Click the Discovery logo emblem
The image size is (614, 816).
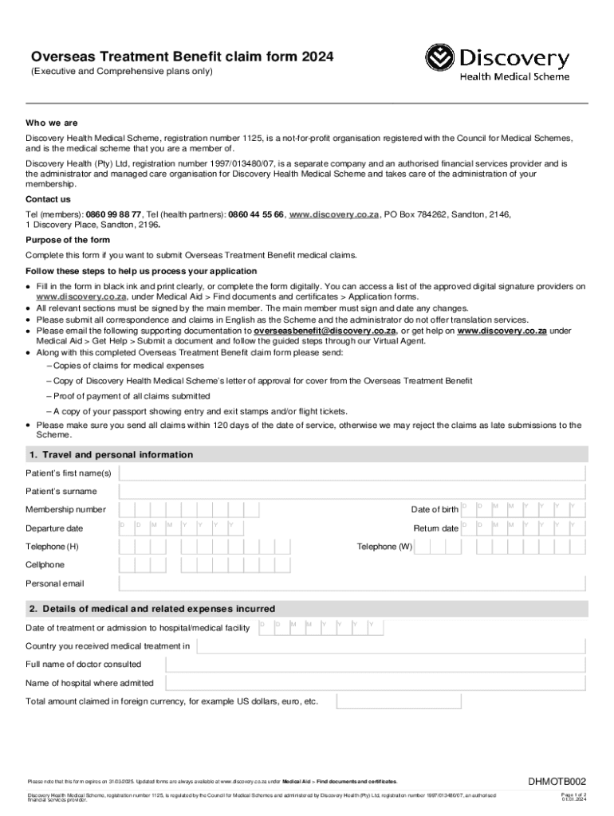coord(439,59)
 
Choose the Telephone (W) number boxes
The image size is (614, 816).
coord(455,547)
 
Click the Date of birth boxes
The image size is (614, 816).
coord(523,510)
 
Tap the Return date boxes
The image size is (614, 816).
coord(523,528)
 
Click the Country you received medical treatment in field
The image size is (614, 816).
coord(391,646)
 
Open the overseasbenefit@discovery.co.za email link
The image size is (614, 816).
coord(325,331)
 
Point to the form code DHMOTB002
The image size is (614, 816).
coord(557,781)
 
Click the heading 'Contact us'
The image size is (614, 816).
coord(48,199)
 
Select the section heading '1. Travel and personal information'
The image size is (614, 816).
coord(111,455)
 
